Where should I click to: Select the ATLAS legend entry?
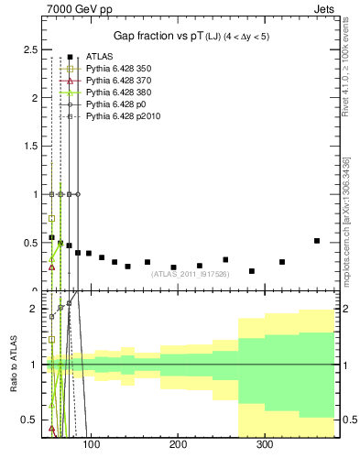[x=98, y=57]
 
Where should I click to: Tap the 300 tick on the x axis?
[x=265, y=445]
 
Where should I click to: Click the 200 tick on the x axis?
[x=178, y=445]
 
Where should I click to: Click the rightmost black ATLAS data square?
[x=317, y=241]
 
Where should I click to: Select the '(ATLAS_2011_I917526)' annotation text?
[x=189, y=274]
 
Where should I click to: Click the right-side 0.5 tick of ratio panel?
[x=348, y=420]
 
